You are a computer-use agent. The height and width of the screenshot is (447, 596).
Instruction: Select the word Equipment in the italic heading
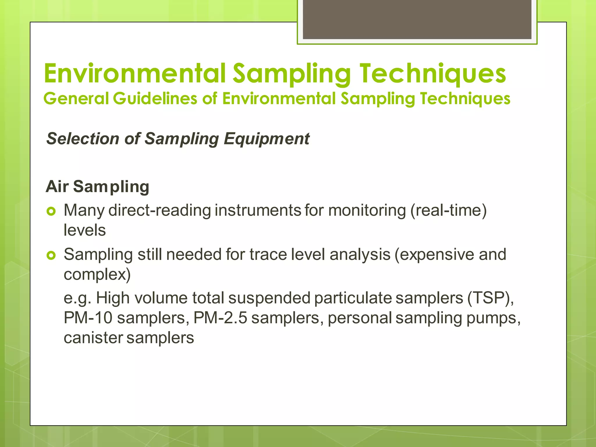click(266, 139)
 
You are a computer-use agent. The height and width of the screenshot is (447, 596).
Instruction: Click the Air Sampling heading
click(97, 186)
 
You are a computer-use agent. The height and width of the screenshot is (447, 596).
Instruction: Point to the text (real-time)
click(448, 210)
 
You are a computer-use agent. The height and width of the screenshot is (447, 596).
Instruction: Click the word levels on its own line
click(85, 230)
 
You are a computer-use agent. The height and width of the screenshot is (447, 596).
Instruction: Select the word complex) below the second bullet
click(97, 274)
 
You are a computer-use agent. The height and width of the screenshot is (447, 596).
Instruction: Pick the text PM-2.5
click(220, 318)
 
